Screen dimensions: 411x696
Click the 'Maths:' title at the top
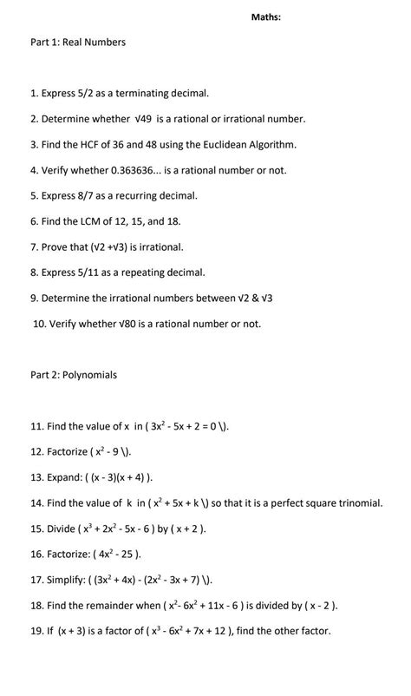click(x=265, y=16)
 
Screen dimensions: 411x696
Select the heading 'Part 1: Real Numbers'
click(x=78, y=42)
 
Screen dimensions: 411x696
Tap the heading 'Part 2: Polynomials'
click(x=74, y=375)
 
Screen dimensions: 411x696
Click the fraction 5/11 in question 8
click(x=86, y=272)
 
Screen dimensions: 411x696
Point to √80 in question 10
click(x=127, y=325)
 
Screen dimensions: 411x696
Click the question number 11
click(x=36, y=426)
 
